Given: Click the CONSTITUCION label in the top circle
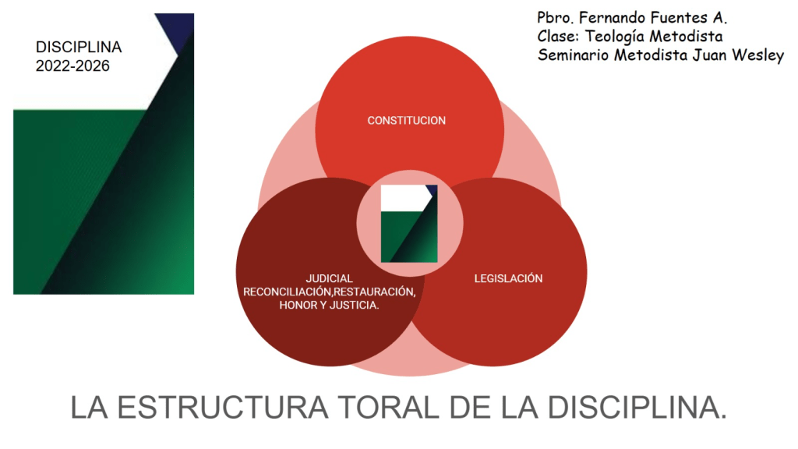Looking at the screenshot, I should [406, 121].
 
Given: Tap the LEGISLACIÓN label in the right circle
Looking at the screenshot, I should [508, 278].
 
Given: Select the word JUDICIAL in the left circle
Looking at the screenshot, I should [329, 278].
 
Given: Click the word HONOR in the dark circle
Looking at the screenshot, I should [296, 305].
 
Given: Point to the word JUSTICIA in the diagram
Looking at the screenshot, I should [354, 305].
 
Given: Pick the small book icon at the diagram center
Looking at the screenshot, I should [408, 224].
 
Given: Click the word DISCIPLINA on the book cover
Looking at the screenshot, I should [79, 48].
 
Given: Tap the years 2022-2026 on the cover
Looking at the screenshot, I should [72, 66].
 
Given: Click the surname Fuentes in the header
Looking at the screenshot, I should [676, 17].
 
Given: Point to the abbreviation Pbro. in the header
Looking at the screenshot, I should [554, 17].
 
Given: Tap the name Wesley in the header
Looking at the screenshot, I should [757, 55].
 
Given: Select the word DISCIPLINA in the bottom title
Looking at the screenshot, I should [635, 408].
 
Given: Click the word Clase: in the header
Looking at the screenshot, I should [557, 36].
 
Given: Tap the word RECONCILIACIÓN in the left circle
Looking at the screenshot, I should [288, 292].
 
